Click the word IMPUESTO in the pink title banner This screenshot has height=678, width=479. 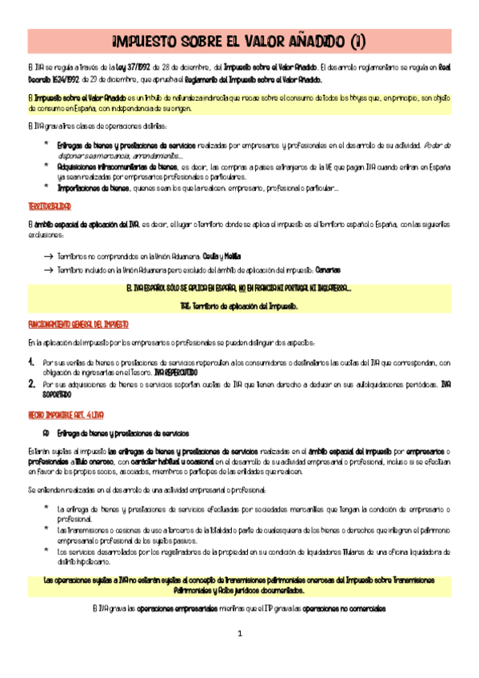coord(144,38)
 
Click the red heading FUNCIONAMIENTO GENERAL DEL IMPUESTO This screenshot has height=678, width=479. coord(78,325)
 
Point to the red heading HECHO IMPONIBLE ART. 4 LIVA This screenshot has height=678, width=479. coord(65,415)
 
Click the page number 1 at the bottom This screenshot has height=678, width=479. coord(238,656)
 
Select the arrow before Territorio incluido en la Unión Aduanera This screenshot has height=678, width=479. coord(48,271)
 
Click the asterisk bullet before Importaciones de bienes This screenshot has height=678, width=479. coord(47,187)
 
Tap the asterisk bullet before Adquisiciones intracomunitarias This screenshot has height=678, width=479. coord(47,166)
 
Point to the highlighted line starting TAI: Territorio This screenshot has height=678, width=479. coord(239,305)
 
